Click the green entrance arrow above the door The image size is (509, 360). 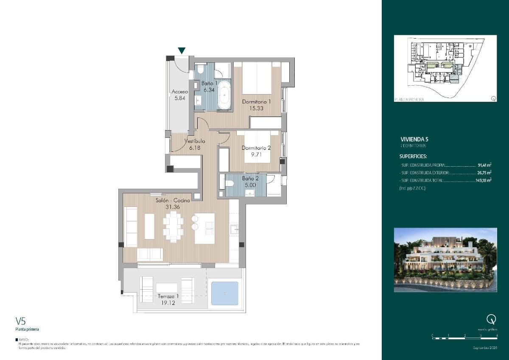click(x=182, y=51)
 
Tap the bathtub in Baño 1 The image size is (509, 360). click(x=224, y=96)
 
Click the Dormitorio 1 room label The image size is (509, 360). click(x=256, y=102)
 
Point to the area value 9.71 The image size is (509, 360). click(x=256, y=155)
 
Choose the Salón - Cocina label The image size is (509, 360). click(x=167, y=201)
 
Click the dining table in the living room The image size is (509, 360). click(x=174, y=226)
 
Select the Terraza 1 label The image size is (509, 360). click(x=168, y=296)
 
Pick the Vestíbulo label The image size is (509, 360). click(x=195, y=141)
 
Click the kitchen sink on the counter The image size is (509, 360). click(x=234, y=229)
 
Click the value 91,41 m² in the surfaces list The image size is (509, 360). click(x=484, y=165)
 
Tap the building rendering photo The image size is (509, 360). click(x=445, y=260)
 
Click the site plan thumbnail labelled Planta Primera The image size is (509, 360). click(x=445, y=68)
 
